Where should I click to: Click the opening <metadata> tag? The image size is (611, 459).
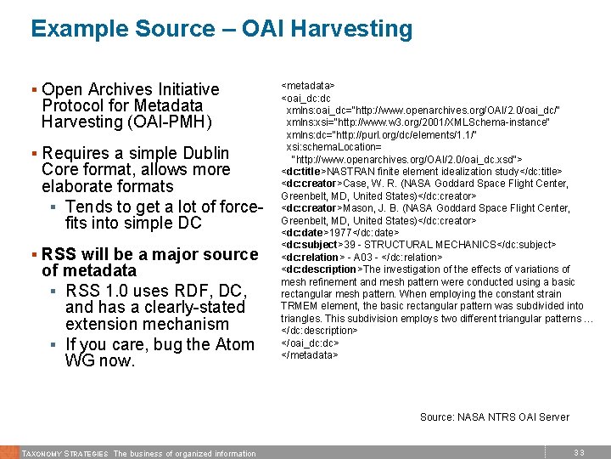tap(307, 86)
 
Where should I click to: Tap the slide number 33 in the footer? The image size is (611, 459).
tap(580, 453)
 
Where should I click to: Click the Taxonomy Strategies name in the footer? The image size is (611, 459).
tap(64, 453)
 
